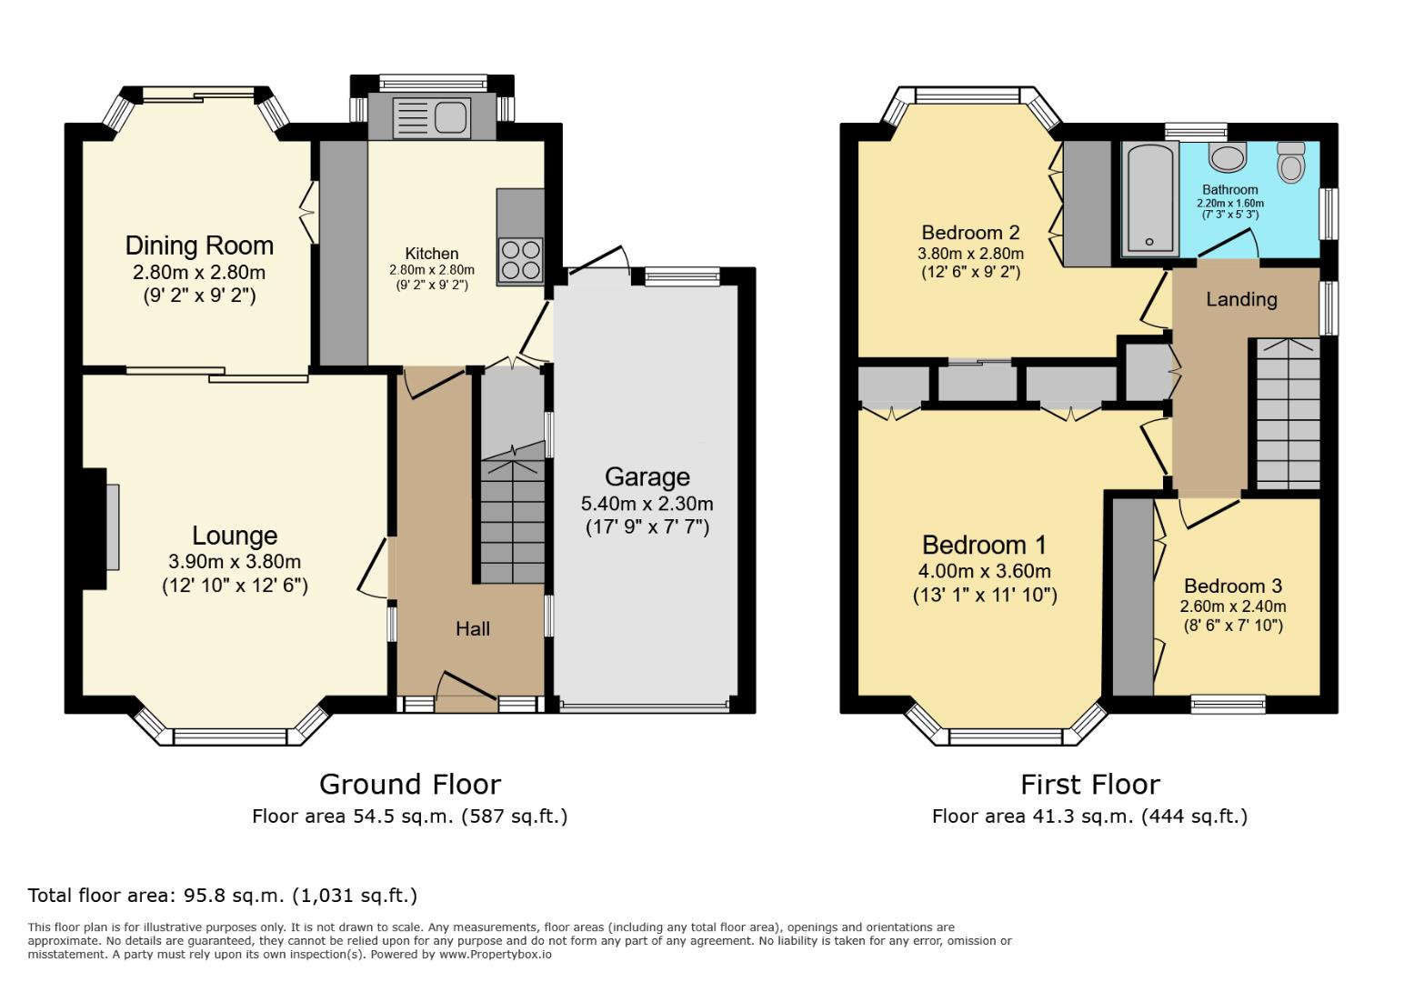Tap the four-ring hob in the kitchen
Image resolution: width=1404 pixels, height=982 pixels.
(x=520, y=258)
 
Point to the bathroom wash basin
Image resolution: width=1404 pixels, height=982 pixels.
(x=1228, y=156)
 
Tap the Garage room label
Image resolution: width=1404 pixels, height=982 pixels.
(x=647, y=476)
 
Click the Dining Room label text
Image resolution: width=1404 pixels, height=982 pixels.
(x=199, y=245)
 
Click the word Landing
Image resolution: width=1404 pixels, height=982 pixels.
(x=1241, y=299)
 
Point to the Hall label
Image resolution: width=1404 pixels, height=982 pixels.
(x=473, y=628)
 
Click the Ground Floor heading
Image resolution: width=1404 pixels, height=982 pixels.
(x=409, y=784)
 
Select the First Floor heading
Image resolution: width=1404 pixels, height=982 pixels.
(x=1089, y=784)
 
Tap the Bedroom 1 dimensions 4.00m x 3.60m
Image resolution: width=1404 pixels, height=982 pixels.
(x=984, y=571)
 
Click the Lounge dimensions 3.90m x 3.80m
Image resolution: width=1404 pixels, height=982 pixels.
(x=235, y=562)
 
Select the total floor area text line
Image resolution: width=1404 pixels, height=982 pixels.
(x=223, y=895)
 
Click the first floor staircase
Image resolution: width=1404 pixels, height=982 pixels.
(x=1288, y=414)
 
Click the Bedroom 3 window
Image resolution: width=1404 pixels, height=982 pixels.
(x=1228, y=703)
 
